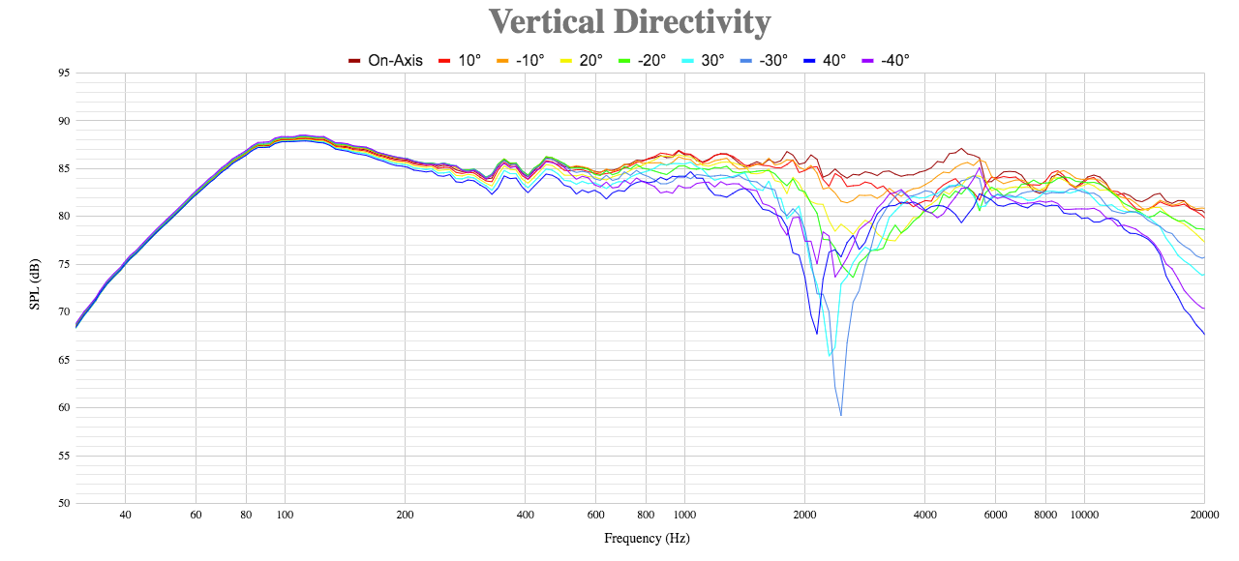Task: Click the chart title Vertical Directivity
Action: pyautogui.click(x=629, y=21)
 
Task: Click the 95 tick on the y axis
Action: pyautogui.click(x=64, y=73)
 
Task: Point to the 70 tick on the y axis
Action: pyautogui.click(x=64, y=311)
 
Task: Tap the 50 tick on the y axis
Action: pyautogui.click(x=64, y=503)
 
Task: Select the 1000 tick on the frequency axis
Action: pyautogui.click(x=684, y=516)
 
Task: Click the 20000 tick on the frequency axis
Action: pyautogui.click(x=1204, y=516)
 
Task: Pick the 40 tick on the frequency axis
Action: pyautogui.click(x=125, y=516)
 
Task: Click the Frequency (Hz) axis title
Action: pyautogui.click(x=647, y=539)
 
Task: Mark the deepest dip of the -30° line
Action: pyautogui.click(x=840, y=415)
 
